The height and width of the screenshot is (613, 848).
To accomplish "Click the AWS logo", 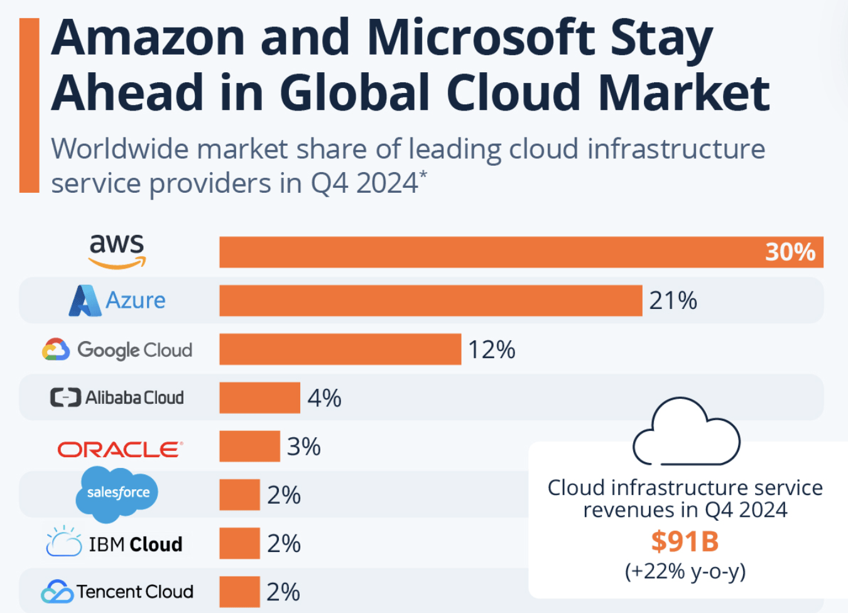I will (x=117, y=251).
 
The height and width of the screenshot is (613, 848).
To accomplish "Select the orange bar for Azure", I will (x=430, y=300).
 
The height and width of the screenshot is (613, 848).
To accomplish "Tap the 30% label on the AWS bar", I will (x=790, y=252).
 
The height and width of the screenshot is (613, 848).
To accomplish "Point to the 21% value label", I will (x=673, y=301).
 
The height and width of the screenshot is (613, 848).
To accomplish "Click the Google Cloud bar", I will (x=340, y=349).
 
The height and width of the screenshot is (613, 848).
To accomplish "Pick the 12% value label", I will (x=491, y=350).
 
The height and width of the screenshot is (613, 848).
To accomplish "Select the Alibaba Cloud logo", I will (x=117, y=398).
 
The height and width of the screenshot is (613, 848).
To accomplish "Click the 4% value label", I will (x=324, y=398).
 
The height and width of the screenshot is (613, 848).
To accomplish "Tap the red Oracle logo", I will (x=120, y=449).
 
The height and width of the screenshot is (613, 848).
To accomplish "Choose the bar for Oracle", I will (x=249, y=447).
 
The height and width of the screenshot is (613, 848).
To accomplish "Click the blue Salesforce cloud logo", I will (x=117, y=494).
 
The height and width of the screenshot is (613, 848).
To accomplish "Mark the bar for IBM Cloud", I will (x=239, y=543).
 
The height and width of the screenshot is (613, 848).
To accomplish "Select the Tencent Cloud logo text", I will (x=134, y=592).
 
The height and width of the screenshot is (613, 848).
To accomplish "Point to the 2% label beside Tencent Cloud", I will (x=283, y=592).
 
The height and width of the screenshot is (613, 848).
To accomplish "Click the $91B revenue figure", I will (x=685, y=541).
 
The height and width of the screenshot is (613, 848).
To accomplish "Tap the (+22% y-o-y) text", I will (x=685, y=571).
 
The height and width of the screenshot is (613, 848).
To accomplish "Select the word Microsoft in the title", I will (x=481, y=38).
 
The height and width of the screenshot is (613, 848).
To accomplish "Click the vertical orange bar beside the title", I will (x=29, y=105).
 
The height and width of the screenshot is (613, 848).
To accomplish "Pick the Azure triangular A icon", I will (x=84, y=301).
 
